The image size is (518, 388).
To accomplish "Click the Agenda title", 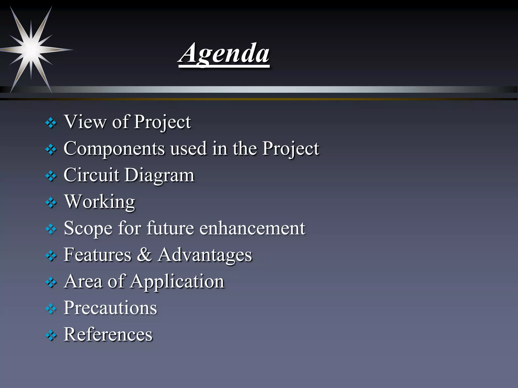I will click(x=224, y=54).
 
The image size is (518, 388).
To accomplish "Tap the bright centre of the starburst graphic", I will click(x=31, y=50).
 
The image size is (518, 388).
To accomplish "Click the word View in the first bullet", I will click(x=85, y=122).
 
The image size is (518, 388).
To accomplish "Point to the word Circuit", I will click(x=91, y=175).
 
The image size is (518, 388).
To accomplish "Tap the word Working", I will click(x=100, y=202).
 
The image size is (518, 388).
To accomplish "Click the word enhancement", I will click(x=252, y=228).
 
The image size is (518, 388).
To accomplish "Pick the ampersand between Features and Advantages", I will click(x=144, y=255).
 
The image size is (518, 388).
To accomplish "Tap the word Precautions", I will click(x=110, y=308).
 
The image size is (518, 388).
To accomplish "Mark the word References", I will click(x=108, y=334).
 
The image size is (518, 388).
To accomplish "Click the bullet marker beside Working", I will click(x=51, y=203).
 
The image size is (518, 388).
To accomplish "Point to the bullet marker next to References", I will click(x=51, y=335).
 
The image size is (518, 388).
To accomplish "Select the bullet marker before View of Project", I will click(x=51, y=123).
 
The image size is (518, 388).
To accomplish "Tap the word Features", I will click(x=97, y=255).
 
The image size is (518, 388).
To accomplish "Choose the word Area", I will click(x=83, y=281).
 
